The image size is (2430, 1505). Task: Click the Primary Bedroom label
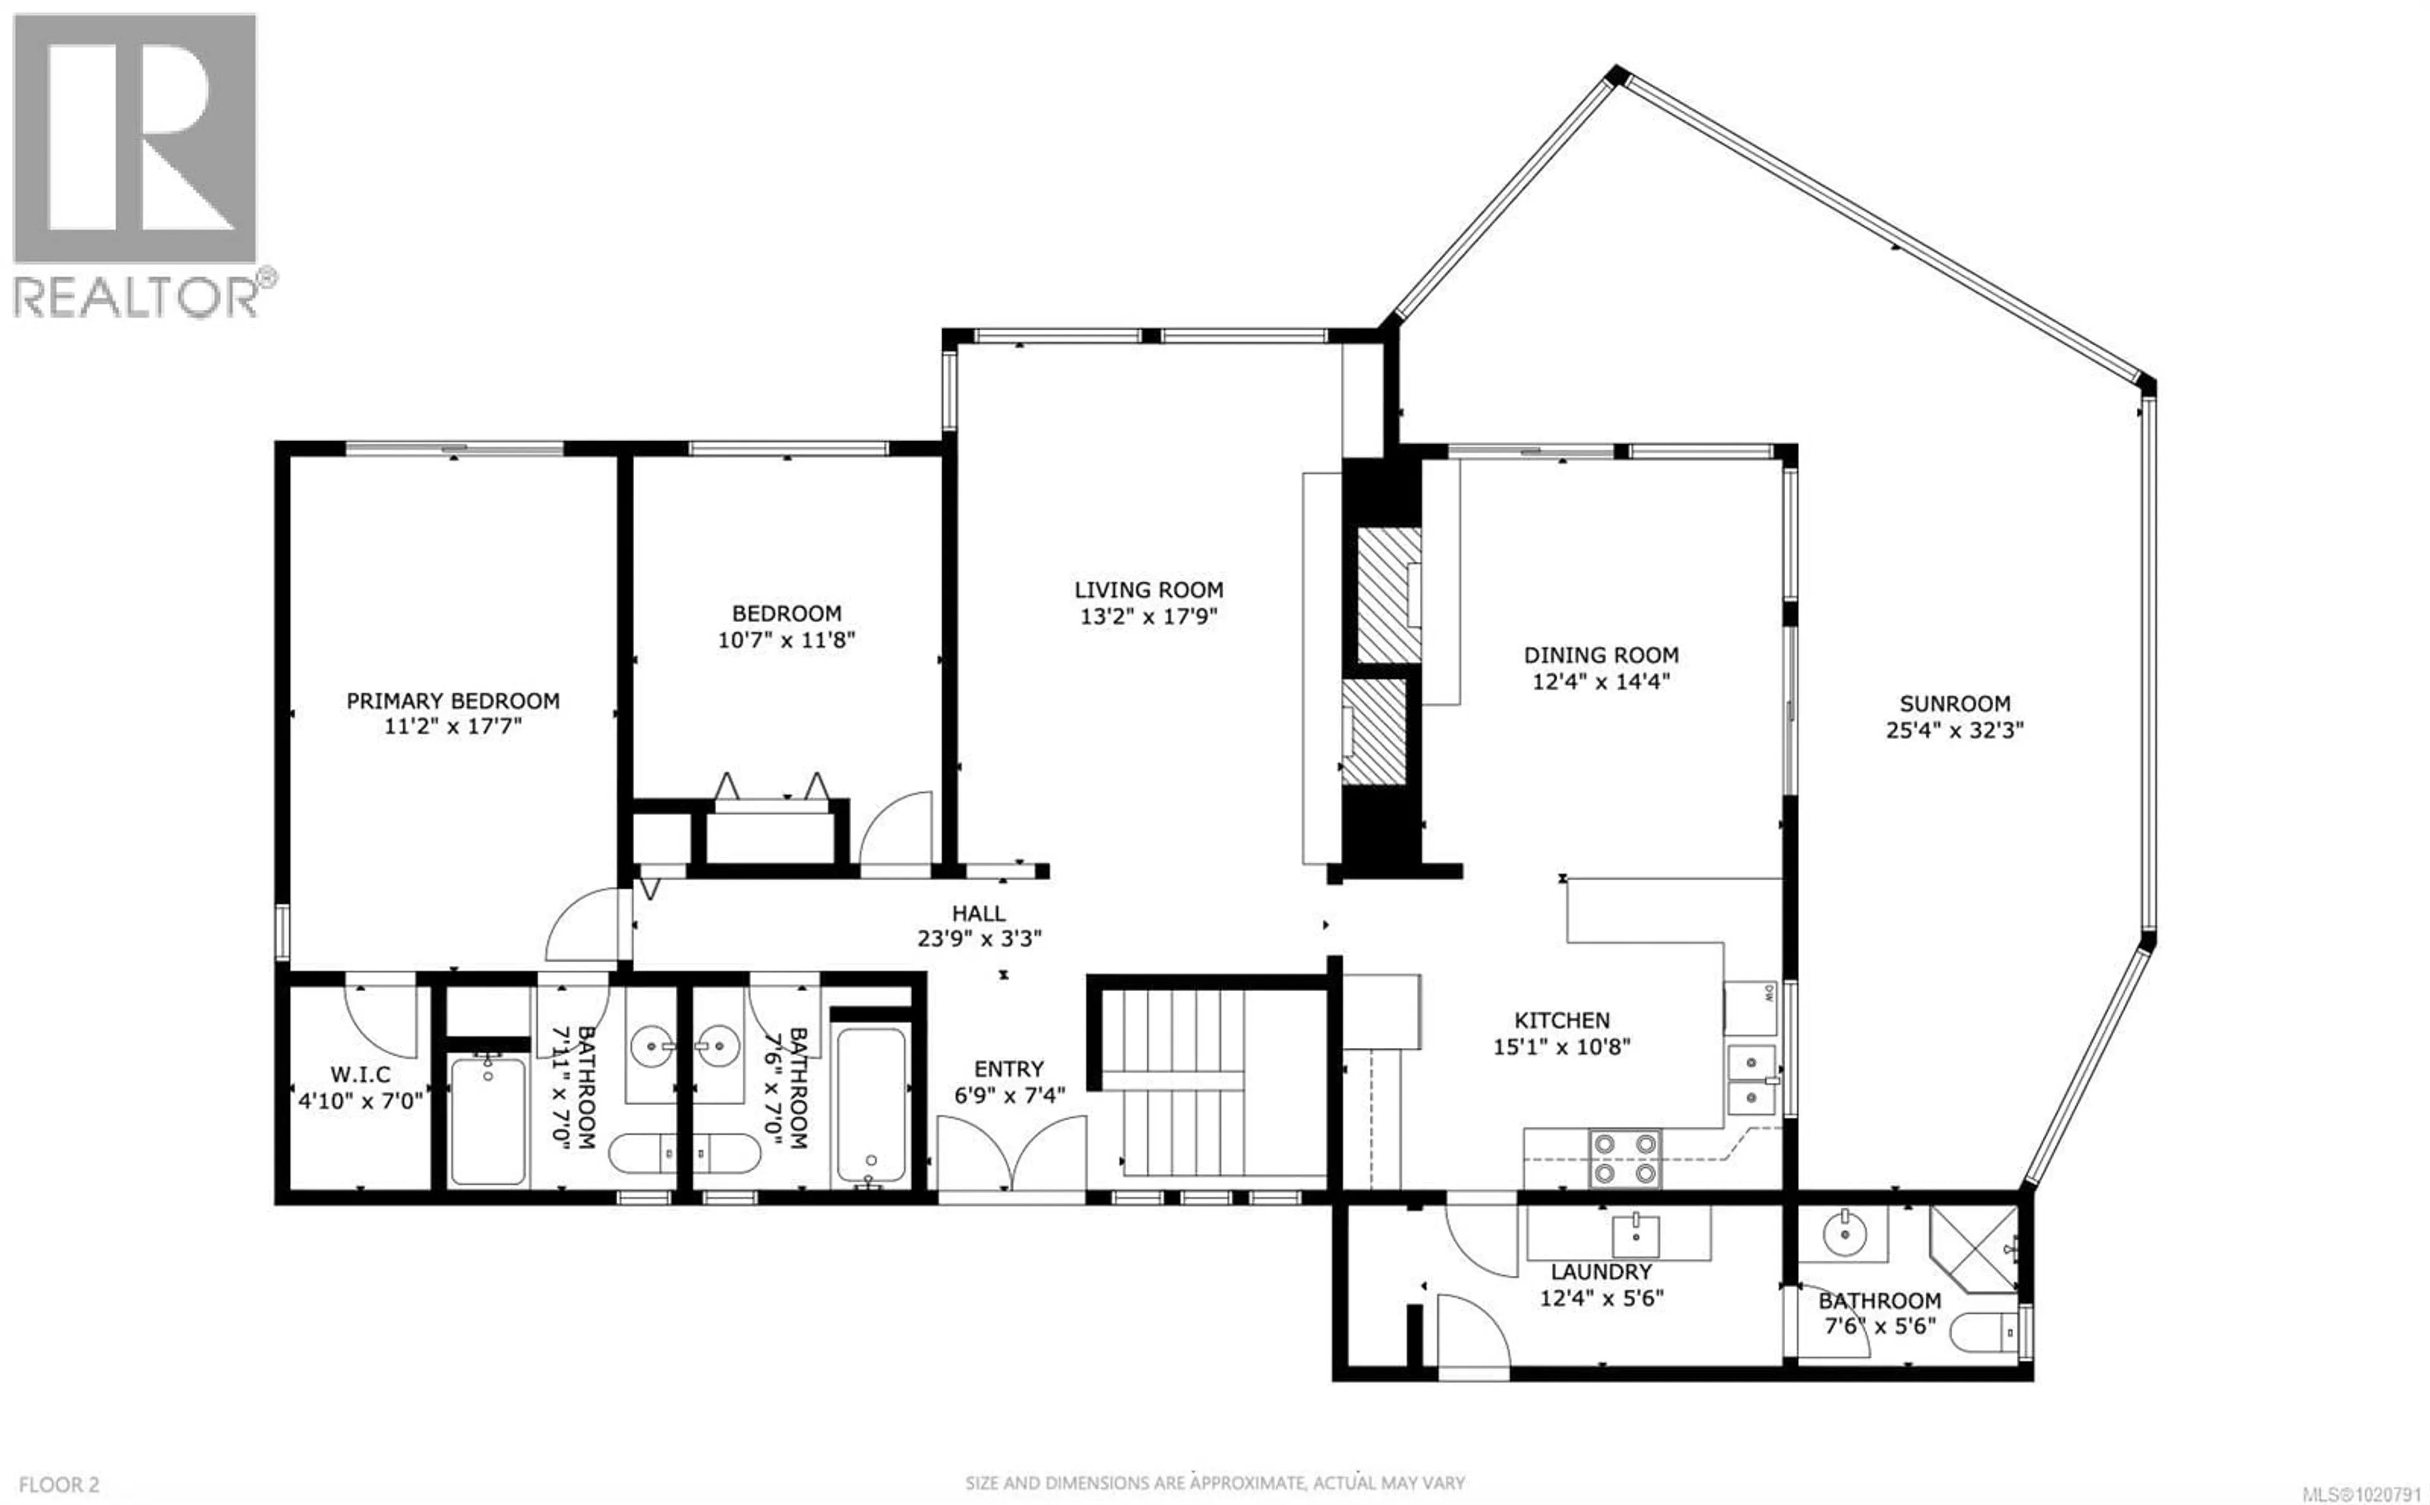coord(452,701)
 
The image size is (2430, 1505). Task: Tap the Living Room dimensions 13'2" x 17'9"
coord(1149,617)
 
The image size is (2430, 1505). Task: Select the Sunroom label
coord(1954,703)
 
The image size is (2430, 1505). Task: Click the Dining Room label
coord(1600,655)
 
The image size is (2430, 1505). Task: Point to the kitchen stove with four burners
coord(1625,1159)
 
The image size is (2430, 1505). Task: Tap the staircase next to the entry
coord(1184,1085)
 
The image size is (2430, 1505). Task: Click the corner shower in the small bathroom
coord(1974,1248)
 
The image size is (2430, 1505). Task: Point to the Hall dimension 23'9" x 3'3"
coord(979,939)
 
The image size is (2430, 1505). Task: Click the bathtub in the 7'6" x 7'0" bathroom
coord(871,1106)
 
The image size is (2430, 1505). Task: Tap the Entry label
coord(1008,1069)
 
